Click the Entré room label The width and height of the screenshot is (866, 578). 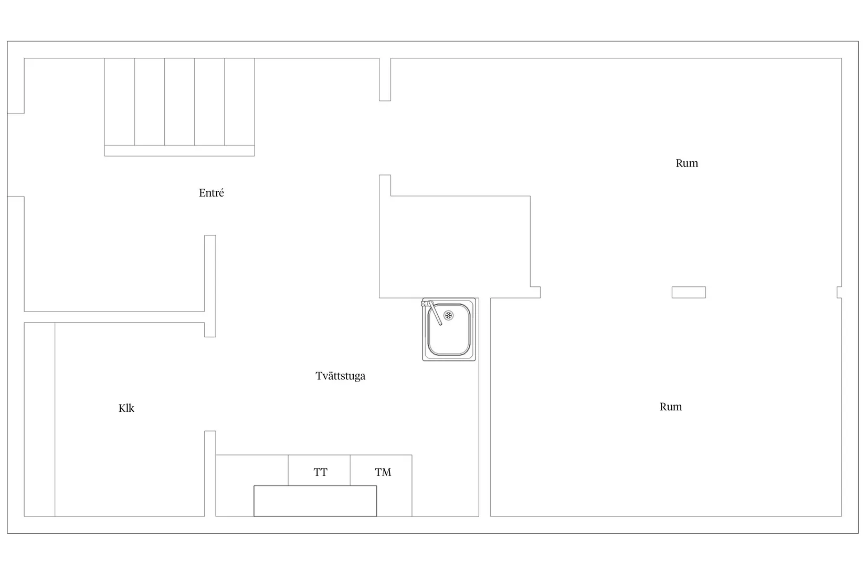pos(211,192)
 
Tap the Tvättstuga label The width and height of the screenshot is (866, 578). pos(340,376)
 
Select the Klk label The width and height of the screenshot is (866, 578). pos(126,408)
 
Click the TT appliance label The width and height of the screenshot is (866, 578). pos(321,472)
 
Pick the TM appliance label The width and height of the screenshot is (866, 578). pos(383,472)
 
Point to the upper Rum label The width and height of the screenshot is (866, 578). pos(687,163)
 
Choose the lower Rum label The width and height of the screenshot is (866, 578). pos(670,407)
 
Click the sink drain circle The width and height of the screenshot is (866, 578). pos(448,315)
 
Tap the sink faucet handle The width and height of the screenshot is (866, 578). pos(434,313)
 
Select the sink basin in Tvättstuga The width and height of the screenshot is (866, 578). pos(449,329)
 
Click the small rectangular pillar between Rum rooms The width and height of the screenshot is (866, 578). pos(689,292)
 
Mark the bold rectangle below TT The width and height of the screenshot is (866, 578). pos(315,501)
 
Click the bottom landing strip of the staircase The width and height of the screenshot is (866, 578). pos(179,151)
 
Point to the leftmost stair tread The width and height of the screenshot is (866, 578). pos(120,102)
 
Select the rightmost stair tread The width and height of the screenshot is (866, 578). pos(240,102)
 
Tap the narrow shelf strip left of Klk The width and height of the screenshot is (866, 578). pos(39,419)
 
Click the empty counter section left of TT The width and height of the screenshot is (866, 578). pos(252,470)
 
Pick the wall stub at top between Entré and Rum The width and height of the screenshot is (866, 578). pos(385,79)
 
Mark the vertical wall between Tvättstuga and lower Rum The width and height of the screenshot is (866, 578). pos(485,407)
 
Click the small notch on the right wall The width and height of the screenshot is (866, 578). pos(839,292)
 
